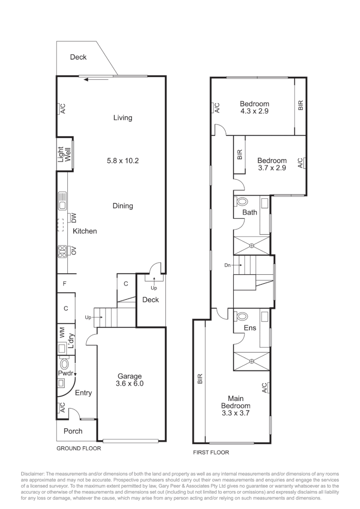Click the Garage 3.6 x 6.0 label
130,380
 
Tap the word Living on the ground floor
123,118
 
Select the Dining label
123,206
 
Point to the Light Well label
64,155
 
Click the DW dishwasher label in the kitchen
73,218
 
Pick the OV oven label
73,250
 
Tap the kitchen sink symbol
62,201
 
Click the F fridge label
65,284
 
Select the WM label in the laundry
62,333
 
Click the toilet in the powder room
65,364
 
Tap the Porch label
73,431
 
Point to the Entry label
83,393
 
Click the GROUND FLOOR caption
79,449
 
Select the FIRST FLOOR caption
211,452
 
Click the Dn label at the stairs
228,265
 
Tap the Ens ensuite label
250,328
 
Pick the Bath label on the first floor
250,213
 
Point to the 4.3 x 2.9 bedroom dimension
254,111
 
